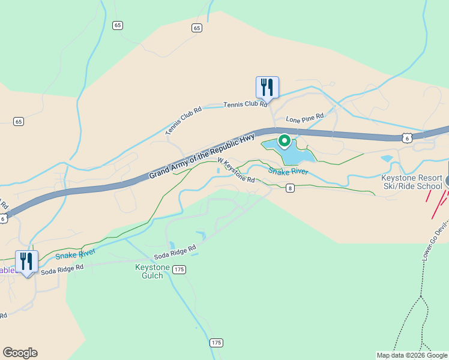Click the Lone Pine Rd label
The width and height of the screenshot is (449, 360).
coord(304,117)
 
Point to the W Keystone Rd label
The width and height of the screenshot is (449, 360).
coord(236,170)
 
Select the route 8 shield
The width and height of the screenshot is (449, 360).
coord(290,188)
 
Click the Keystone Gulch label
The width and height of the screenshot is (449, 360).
coord(149,271)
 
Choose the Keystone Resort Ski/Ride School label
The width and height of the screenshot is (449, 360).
coord(412,182)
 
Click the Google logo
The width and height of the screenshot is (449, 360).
coord(20,353)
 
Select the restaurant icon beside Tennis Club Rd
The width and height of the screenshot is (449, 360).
coord(267,87)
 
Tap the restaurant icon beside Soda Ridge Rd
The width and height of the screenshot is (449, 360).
coord(27,262)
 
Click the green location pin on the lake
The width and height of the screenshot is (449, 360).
coord(284,141)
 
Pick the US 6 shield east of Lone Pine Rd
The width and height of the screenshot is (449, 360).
coord(407,137)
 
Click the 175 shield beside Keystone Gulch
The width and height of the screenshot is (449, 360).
coord(178,270)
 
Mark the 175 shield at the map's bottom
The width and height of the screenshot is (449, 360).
coord(217,343)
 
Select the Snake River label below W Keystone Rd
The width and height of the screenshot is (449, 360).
coord(288,172)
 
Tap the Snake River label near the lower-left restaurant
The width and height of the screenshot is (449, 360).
coord(75,255)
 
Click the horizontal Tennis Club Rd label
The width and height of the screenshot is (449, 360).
coord(245,104)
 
